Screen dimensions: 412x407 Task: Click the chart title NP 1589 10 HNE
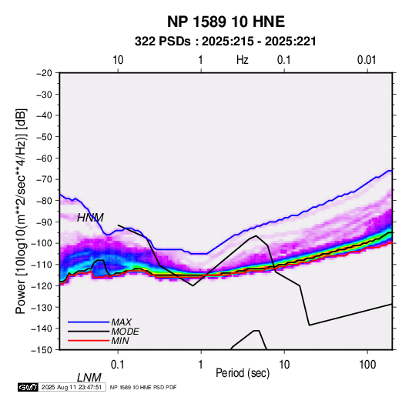226,22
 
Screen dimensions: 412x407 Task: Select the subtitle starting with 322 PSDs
225,42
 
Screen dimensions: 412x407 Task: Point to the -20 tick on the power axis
44,73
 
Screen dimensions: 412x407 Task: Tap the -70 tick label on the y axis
44,179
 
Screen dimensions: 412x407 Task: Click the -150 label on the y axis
42,350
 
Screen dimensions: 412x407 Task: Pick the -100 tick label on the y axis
42,243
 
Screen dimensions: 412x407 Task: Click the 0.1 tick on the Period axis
117,365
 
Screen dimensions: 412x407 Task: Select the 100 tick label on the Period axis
367,365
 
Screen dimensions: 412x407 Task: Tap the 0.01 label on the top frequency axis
367,60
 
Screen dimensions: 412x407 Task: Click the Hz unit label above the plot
243,60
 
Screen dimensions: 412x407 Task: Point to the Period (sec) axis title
243,373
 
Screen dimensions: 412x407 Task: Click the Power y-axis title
21,212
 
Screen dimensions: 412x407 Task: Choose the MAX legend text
122,322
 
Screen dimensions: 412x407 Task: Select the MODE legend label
125,332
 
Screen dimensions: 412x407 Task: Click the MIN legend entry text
120,341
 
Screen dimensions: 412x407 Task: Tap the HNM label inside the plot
90,218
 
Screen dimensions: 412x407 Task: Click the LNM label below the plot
89,378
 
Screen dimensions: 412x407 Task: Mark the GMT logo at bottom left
28,387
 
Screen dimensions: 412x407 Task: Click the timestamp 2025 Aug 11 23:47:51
72,387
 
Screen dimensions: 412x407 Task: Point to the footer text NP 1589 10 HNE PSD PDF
143,387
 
